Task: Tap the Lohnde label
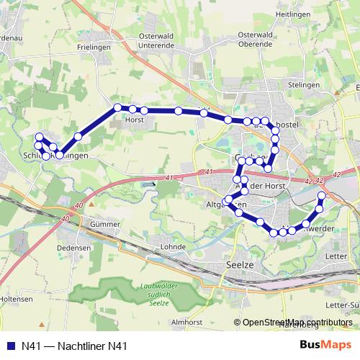pyautogui.click(x=173, y=246)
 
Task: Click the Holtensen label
pyautogui.click(x=16, y=297)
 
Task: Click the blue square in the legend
pyautogui.click(x=10, y=346)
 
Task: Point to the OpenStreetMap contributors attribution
pyautogui.click(x=297, y=323)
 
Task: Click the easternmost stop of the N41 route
pyautogui.click(x=322, y=196)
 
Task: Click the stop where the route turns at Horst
pyautogui.click(x=117, y=108)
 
